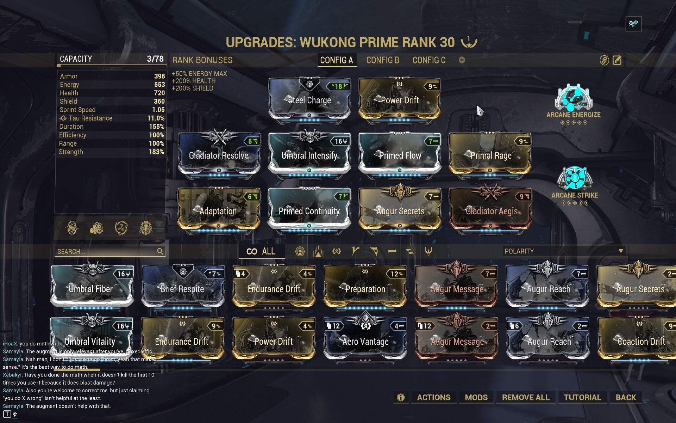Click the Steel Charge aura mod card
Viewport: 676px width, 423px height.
(309, 100)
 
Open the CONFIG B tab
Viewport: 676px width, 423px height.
(383, 60)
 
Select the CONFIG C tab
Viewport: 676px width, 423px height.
(429, 60)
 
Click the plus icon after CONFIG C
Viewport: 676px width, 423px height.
(462, 60)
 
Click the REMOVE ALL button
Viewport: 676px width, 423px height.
(525, 397)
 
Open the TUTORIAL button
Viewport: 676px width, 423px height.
(582, 397)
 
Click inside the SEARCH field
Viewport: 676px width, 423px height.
(106, 252)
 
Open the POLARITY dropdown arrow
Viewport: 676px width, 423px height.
(621, 251)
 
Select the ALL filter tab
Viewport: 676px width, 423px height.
(261, 251)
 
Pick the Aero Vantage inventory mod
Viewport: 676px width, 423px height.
(365, 341)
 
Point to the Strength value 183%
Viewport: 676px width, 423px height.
(156, 152)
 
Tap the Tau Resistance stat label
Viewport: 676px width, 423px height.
(90, 118)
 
